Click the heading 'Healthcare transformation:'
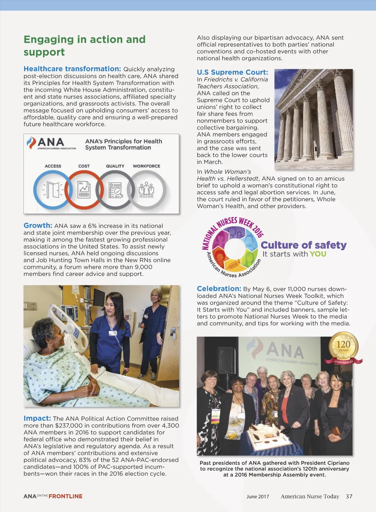[x=72, y=69]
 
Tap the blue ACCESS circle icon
[x=53, y=190]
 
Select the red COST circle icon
[x=84, y=190]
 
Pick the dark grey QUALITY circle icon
[x=115, y=190]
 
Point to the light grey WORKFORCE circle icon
[x=147, y=190]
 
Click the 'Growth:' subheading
[x=38, y=225]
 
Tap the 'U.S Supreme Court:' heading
[x=232, y=72]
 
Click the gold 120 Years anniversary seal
[x=343, y=346]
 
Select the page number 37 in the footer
[x=349, y=496]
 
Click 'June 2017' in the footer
[x=258, y=497]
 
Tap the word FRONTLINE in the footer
[x=65, y=496]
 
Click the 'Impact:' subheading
[x=37, y=418]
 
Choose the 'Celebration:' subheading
[x=219, y=289]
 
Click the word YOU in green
[x=318, y=254]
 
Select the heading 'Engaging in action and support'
[x=84, y=46]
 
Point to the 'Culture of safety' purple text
[x=303, y=245]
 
